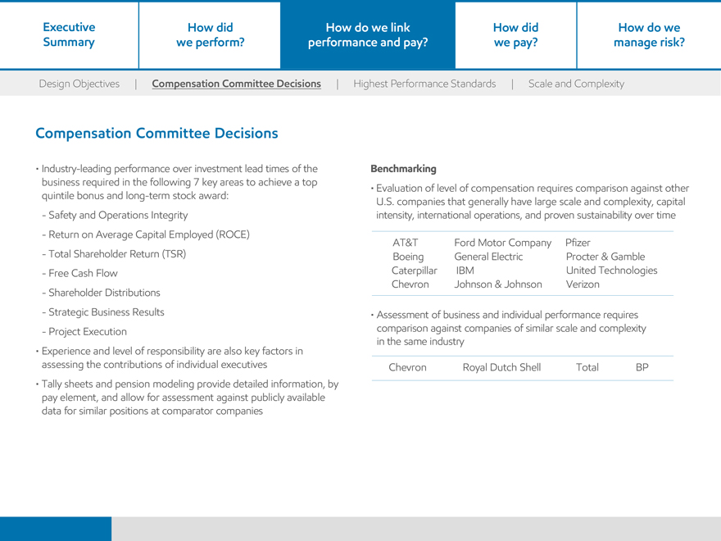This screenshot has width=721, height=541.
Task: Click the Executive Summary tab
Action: point(69,34)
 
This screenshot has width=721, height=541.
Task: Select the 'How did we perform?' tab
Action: point(211,34)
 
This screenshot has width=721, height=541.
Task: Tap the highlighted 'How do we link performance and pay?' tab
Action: point(368,34)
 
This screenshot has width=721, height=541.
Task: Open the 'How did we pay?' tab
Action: point(515,34)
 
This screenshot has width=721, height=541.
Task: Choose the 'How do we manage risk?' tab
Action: point(649,34)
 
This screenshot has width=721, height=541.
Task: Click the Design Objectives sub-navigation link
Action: point(79,84)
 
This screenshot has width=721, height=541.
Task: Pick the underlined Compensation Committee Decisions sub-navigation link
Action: point(237,84)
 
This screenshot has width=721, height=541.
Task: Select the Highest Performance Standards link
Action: point(424,84)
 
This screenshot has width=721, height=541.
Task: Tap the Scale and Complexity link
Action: point(576,84)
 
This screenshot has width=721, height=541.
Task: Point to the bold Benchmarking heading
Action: point(403,169)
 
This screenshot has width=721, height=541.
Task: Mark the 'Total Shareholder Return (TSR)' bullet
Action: point(117,254)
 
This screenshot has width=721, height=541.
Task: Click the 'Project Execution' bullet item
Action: point(88,332)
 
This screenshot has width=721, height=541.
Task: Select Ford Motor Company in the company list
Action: point(502,243)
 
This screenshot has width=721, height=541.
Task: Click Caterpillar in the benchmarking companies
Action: point(414,270)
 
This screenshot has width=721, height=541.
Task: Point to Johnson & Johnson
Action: point(498,284)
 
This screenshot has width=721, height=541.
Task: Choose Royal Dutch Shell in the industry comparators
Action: point(501,368)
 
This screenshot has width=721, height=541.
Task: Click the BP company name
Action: point(642,368)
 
